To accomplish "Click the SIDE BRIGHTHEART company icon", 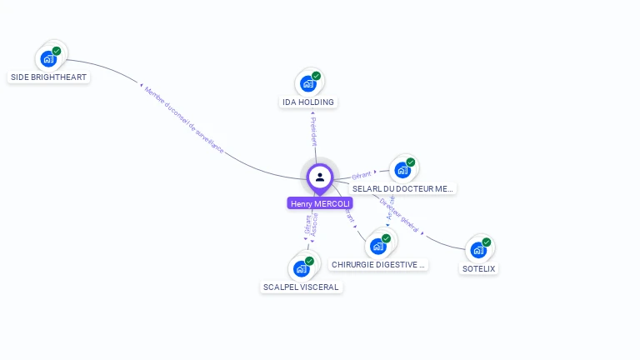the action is (47, 59).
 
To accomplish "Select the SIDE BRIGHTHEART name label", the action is (48, 77).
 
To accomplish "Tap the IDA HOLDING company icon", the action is (307, 84).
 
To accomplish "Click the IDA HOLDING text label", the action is (308, 102).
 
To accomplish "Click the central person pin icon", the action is (320, 177).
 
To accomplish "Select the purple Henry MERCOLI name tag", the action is (320, 203).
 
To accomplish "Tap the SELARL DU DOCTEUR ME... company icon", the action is (402, 171).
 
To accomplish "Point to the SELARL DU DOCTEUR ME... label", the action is (403, 189).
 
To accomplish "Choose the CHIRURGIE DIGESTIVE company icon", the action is (378, 246).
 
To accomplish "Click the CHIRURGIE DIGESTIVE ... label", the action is (379, 264).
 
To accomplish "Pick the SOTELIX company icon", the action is (477, 250).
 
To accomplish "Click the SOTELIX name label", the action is (479, 268).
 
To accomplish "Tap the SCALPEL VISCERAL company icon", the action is (301, 269).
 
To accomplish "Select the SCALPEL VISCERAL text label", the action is (301, 287).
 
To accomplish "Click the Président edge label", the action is (313, 132).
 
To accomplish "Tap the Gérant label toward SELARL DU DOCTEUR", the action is (361, 175).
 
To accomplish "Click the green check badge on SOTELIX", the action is (486, 242).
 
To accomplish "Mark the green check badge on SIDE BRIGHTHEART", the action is (57, 51).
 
